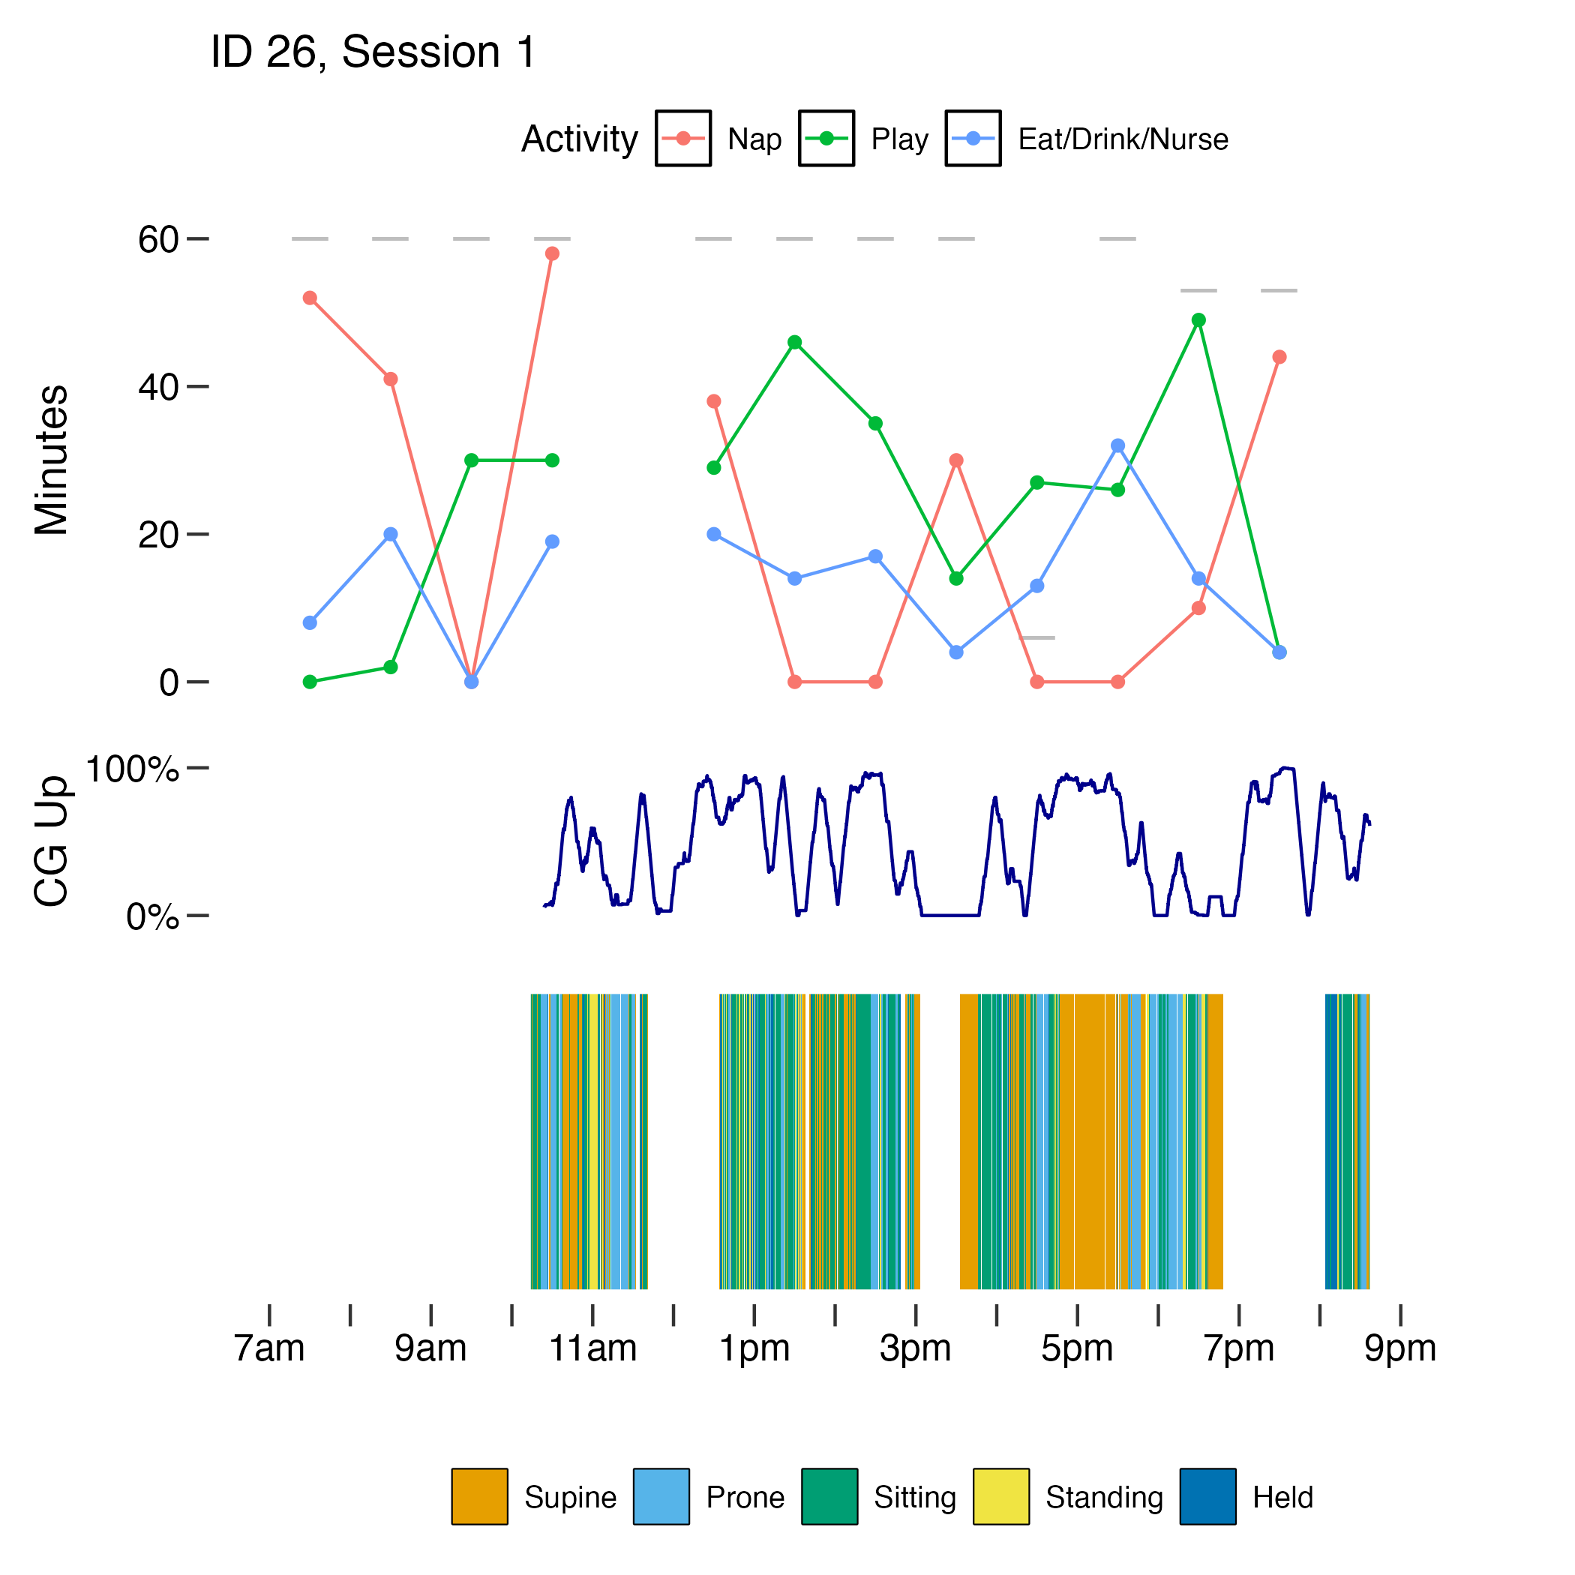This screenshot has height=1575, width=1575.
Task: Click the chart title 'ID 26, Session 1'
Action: pos(373,53)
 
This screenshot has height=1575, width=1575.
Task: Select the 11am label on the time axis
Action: pos(592,1348)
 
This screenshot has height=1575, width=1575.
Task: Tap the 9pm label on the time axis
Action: pos(1399,1348)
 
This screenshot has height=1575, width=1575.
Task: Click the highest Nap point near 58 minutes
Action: pos(552,254)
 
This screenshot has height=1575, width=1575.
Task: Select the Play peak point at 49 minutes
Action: pos(1198,320)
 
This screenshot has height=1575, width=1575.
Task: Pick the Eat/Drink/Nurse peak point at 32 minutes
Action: pos(1117,446)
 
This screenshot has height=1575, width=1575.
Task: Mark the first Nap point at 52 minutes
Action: pos(310,298)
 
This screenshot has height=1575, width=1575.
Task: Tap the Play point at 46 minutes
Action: pos(795,343)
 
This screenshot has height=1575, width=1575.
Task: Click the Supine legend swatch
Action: pos(479,1496)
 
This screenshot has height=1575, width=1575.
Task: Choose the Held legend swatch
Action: pos(1207,1496)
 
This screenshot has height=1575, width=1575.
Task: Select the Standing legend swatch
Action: pos(1000,1496)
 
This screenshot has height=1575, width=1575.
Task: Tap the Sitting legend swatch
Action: pos(829,1496)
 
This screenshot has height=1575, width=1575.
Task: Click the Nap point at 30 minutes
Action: pos(956,460)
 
